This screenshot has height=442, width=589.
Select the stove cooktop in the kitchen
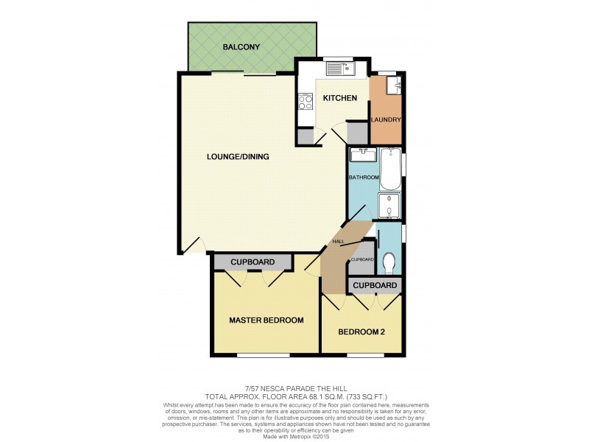coord(305,102)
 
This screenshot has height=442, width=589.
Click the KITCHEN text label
coord(339,98)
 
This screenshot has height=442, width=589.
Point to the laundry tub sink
coord(395,86)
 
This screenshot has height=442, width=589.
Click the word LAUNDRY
coord(386,120)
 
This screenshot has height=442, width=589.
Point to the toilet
coord(389,261)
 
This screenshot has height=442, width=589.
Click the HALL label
coord(338,242)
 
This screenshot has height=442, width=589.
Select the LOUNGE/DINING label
coord(237,156)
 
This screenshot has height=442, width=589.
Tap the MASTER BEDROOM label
coord(266,320)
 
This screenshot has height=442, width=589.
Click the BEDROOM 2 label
coord(361,331)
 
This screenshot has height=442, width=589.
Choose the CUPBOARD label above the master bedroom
coord(253,262)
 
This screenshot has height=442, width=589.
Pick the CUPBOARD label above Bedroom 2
coord(375,285)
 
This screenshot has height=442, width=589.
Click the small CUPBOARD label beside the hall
coord(362,259)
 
